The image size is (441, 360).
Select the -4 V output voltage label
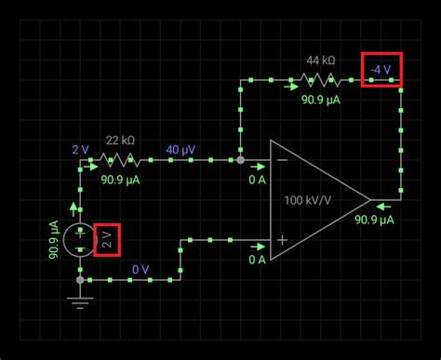pos(381,70)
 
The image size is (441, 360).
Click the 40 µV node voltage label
pos(180,148)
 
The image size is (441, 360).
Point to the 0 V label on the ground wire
pos(140,269)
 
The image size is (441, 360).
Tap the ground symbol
pos(80,301)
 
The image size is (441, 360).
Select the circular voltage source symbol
pos(80,239)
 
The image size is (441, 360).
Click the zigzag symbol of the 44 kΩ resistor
pos(323,81)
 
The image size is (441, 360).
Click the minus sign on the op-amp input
pos(281,160)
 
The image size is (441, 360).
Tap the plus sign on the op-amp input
pos(281,240)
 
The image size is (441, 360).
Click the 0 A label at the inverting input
pos(257,179)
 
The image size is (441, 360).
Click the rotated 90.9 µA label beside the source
pos(55,239)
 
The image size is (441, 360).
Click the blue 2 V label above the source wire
pos(81,148)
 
